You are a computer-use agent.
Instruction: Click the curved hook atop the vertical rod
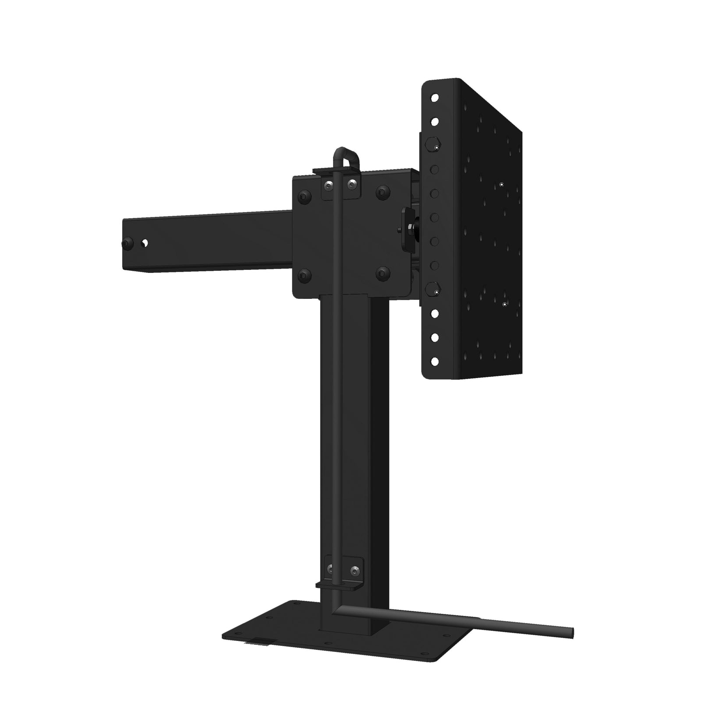pyautogui.click(x=346, y=154)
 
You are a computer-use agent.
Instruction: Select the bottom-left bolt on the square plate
pyautogui.click(x=304, y=276)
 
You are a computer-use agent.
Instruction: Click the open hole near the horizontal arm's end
pyautogui.click(x=144, y=243)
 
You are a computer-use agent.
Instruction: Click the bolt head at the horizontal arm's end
pyautogui.click(x=127, y=243)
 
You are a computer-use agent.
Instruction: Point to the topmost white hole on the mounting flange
pyautogui.click(x=435, y=98)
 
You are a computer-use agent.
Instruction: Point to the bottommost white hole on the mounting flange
pyautogui.click(x=435, y=361)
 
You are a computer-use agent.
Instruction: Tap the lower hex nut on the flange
pyautogui.click(x=433, y=288)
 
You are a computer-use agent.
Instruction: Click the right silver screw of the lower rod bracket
pyautogui.click(x=354, y=570)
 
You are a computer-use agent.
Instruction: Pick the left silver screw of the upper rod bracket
pyautogui.click(x=327, y=186)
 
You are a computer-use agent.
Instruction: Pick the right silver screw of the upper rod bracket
pyautogui.click(x=350, y=184)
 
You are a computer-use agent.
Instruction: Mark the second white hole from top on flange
pyautogui.click(x=435, y=121)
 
